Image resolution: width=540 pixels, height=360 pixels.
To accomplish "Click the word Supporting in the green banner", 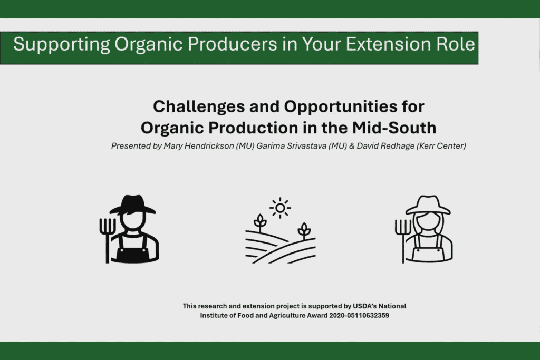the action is pyautogui.click(x=62, y=45).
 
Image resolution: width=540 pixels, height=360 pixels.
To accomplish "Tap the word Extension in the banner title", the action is pyautogui.click(x=388, y=44).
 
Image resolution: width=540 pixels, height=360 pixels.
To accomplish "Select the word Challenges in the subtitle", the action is pyautogui.click(x=198, y=106).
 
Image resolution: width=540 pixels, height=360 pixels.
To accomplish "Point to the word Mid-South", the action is pyautogui.click(x=394, y=128).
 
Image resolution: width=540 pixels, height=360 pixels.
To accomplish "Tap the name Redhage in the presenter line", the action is pyautogui.click(x=397, y=146).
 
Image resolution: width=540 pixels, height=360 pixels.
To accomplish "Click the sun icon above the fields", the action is pyautogui.click(x=280, y=208).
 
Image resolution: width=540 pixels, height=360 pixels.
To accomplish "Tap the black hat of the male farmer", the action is pyautogui.click(x=132, y=205).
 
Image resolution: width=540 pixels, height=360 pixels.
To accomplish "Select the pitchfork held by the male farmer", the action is pyautogui.click(x=107, y=240).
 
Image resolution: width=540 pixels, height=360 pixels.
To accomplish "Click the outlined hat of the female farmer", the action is pyautogui.click(x=428, y=205).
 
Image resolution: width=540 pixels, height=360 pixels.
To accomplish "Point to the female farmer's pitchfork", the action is pyautogui.click(x=403, y=241).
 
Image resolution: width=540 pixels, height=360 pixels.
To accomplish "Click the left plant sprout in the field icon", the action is pyautogui.click(x=260, y=223).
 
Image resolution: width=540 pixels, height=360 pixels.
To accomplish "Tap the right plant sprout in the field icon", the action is pyautogui.click(x=304, y=230).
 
